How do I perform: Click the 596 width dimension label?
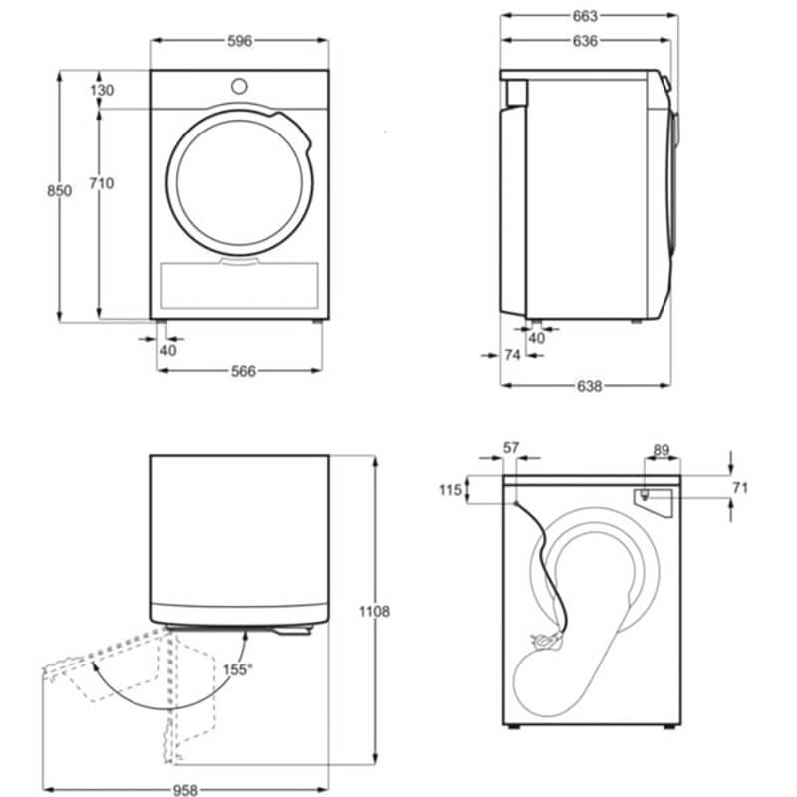[239, 41]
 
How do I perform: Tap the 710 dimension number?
[102, 183]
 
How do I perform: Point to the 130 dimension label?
[102, 90]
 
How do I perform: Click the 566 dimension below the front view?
[243, 371]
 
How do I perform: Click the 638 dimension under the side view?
[589, 386]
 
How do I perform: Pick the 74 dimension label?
[513, 355]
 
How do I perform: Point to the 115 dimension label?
[451, 490]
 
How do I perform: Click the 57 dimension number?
[511, 448]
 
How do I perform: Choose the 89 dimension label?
[661, 450]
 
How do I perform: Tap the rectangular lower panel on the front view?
[239, 285]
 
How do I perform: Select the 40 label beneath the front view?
[168, 350]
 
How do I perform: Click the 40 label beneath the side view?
[537, 338]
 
